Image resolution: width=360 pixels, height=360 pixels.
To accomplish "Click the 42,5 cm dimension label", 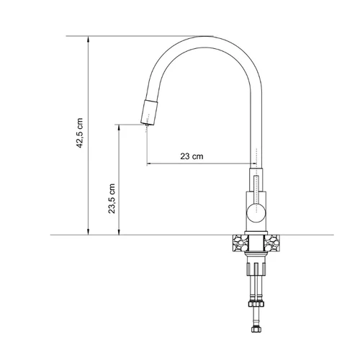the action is click(79, 133).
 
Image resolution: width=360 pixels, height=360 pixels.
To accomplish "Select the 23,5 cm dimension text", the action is click(112, 199).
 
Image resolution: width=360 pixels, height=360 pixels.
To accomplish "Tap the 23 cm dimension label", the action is click(192, 156).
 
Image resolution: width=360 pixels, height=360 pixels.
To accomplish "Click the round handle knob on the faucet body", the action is click(256, 212).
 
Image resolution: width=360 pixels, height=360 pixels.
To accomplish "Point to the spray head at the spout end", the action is click(149, 112).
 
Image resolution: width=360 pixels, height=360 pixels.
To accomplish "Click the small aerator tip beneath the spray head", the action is click(147, 125).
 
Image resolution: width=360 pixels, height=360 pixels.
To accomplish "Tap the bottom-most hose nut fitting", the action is click(256, 329).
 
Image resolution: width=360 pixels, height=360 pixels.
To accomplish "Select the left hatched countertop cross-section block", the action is click(240, 243).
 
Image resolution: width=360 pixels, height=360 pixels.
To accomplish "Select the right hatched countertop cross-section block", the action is click(272, 243).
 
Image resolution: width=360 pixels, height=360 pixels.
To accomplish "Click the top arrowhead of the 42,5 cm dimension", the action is click(89, 39).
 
